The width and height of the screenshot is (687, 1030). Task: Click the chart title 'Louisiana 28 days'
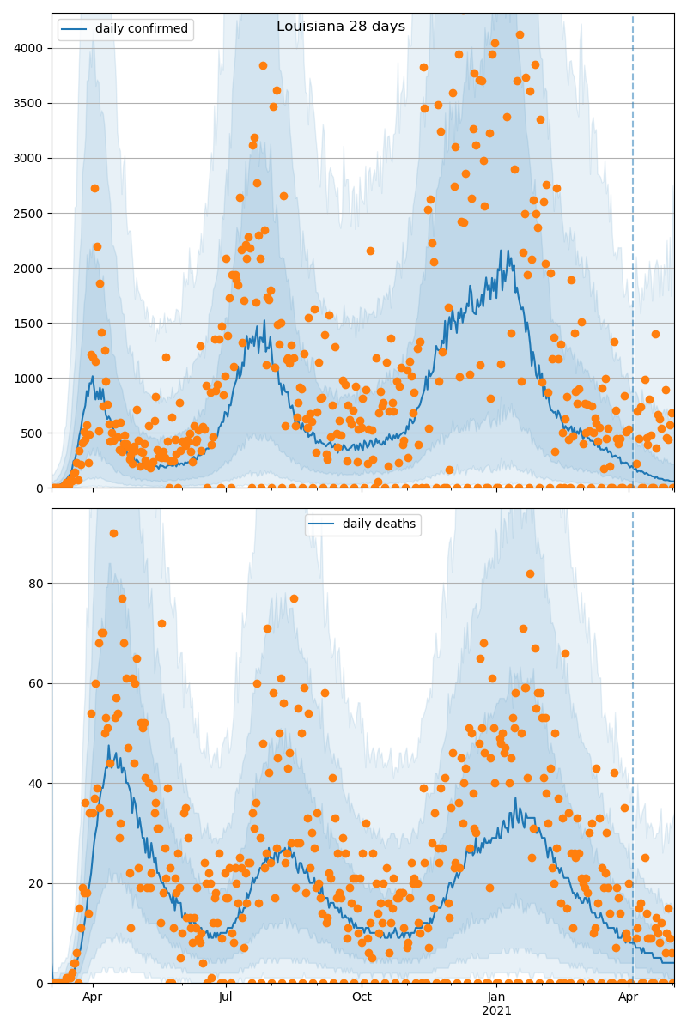pyautogui.click(x=341, y=27)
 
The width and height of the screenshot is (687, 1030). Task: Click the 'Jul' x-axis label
pyautogui.click(x=226, y=997)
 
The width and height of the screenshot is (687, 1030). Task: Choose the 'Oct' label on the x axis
pyautogui.click(x=362, y=997)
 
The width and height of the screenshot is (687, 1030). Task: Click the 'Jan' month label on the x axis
pyautogui.click(x=496, y=997)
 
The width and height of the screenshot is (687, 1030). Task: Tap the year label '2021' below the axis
pyautogui.click(x=496, y=1011)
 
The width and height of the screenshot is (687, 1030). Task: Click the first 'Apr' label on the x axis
pyautogui.click(x=93, y=997)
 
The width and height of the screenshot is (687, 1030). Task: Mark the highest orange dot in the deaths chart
pyautogui.click(x=113, y=533)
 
